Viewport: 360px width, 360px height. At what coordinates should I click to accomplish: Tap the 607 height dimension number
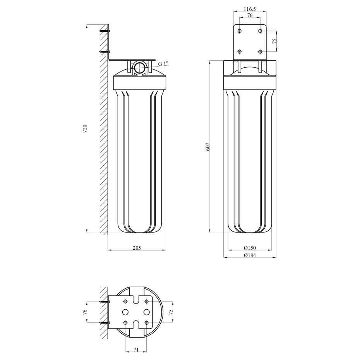click(208, 147)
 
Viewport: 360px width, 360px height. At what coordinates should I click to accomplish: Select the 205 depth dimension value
click(137, 248)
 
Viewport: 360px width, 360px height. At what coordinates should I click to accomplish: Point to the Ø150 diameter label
click(250, 248)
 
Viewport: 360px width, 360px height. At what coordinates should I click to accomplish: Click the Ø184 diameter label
click(250, 255)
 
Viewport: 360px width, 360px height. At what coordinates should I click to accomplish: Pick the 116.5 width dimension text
click(250, 9)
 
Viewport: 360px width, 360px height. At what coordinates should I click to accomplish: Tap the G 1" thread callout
click(163, 63)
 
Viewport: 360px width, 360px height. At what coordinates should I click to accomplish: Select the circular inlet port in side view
click(140, 67)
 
